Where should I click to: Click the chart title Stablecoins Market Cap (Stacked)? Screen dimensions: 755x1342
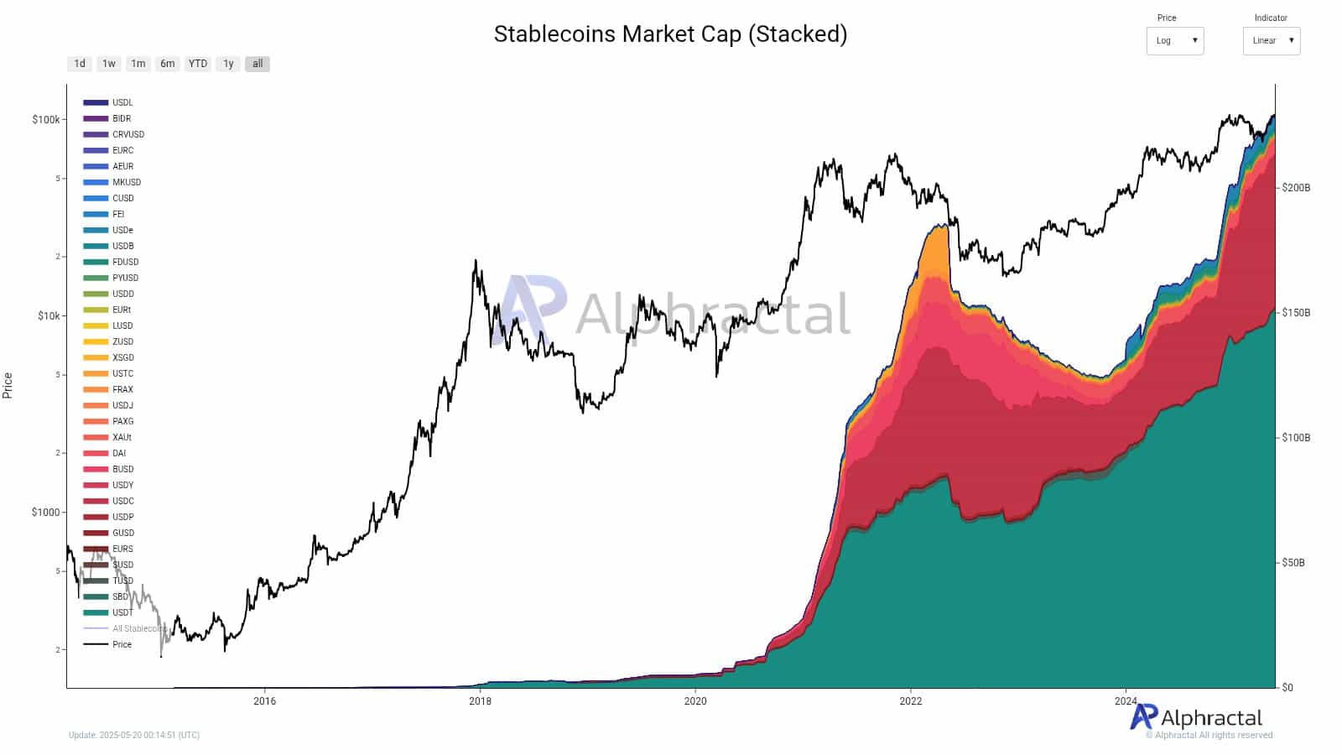tap(670, 34)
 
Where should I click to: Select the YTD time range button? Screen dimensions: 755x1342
tap(198, 64)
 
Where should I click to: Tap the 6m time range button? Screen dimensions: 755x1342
tap(168, 64)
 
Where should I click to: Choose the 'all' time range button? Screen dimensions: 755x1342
tap(257, 64)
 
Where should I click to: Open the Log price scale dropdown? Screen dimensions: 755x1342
tap(1174, 40)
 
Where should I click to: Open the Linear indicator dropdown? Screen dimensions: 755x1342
tap(1271, 40)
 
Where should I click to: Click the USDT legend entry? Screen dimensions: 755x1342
tap(122, 612)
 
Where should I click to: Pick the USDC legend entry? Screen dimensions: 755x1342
tap(122, 501)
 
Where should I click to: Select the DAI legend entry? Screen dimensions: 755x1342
tap(119, 453)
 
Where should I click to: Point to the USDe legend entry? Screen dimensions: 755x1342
tap(122, 230)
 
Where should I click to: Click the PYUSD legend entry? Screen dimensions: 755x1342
tap(125, 278)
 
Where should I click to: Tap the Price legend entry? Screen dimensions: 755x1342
tap(122, 644)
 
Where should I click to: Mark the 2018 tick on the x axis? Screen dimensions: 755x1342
tap(480, 701)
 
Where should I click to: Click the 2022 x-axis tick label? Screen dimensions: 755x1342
tap(910, 701)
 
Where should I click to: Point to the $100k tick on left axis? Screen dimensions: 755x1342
tap(45, 119)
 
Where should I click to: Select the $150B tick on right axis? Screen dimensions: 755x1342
tap(1295, 313)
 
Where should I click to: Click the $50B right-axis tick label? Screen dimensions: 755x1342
tap(1293, 563)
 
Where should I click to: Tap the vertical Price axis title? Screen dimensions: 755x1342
tap(8, 386)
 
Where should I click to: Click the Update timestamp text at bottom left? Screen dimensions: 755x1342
tap(134, 735)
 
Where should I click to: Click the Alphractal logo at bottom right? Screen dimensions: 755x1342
tap(1196, 717)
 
